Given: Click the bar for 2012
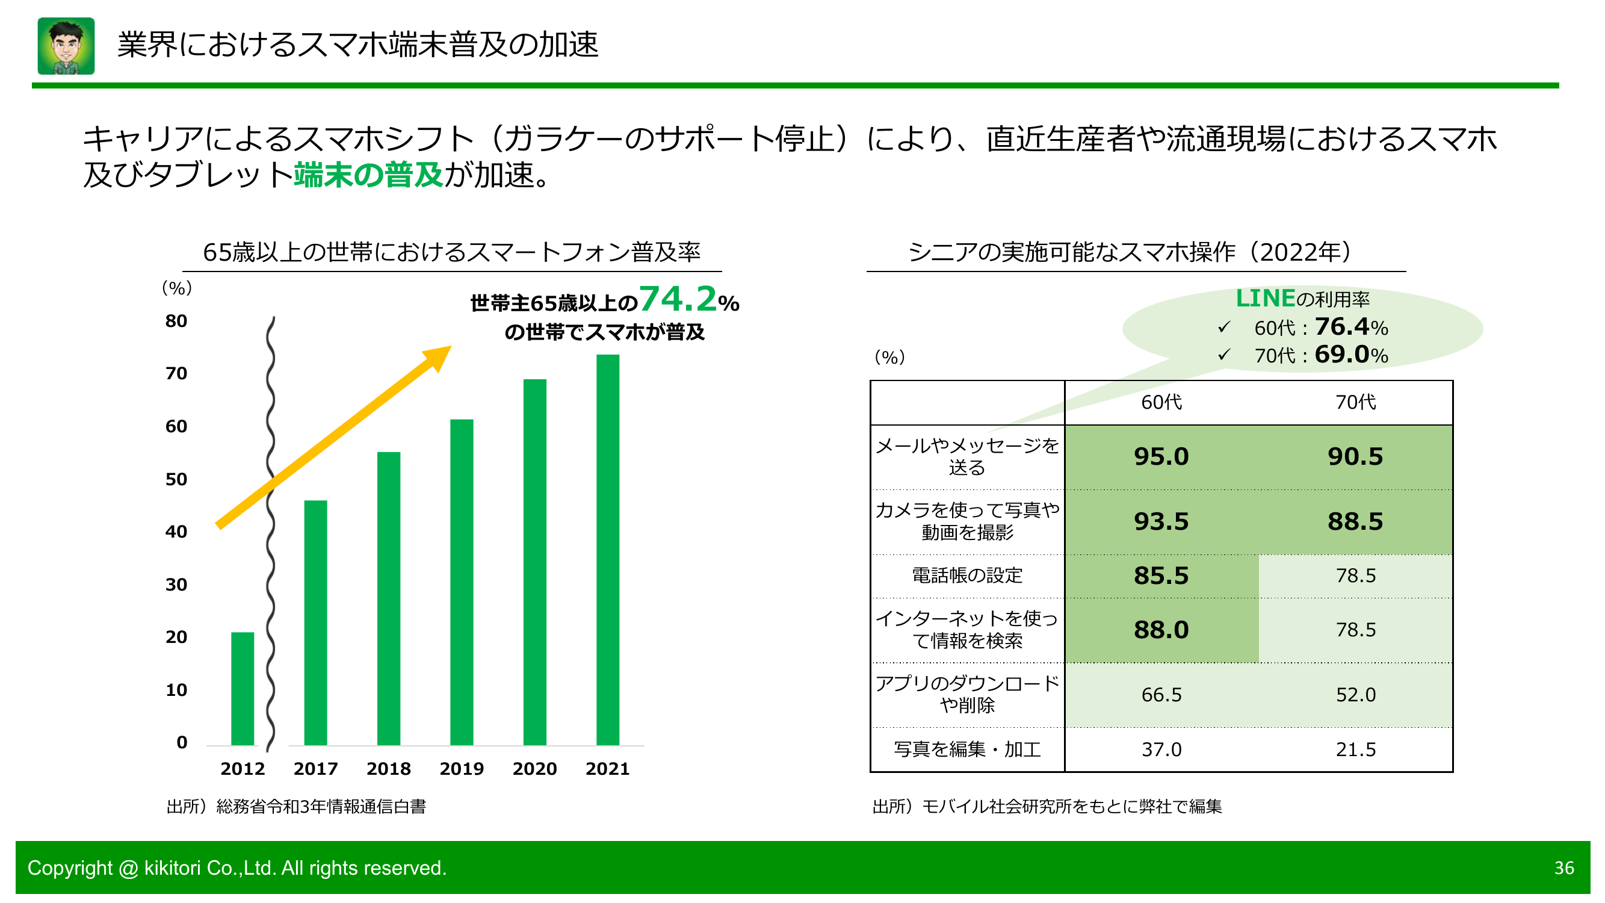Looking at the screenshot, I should click(x=243, y=688).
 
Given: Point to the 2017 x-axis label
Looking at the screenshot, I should click(x=315, y=768).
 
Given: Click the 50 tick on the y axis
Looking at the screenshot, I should click(x=176, y=479).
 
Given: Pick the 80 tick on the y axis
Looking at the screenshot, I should click(x=176, y=321).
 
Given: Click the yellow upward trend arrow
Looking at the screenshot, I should click(x=333, y=437).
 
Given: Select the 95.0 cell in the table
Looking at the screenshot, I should click(x=1161, y=457).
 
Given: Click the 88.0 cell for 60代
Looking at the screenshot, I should click(x=1161, y=630).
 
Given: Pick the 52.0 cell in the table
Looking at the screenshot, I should click(x=1355, y=695).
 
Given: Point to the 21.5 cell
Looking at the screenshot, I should click(x=1355, y=749).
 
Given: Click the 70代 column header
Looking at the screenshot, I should click(x=1355, y=403).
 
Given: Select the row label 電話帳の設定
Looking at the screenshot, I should click(x=967, y=575).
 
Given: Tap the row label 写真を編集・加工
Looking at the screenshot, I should click(x=967, y=749).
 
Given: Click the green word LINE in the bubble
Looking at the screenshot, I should click(x=1265, y=299).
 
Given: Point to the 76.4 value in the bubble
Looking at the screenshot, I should click(x=1341, y=326).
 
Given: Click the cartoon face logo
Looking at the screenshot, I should click(x=66, y=46).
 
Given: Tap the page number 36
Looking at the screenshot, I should click(x=1564, y=867).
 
